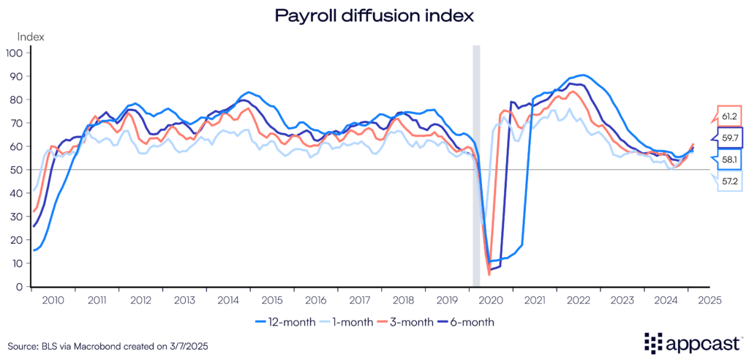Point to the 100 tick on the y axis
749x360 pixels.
tap(15, 53)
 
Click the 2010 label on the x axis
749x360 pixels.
tap(53, 300)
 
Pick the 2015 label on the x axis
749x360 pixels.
tap(272, 300)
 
